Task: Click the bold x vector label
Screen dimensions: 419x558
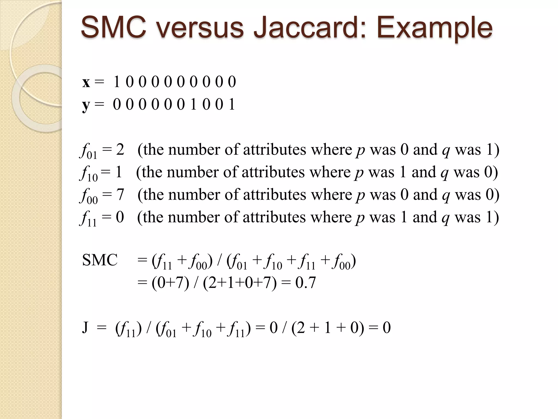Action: click(86, 82)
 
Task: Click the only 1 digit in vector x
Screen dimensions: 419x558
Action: click(117, 82)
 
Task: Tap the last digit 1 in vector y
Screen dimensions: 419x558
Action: click(232, 104)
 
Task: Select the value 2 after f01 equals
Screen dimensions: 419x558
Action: click(120, 149)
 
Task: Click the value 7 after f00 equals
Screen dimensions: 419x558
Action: click(120, 194)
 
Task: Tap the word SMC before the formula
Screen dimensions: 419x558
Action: click(100, 260)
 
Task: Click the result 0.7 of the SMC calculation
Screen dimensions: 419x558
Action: click(305, 283)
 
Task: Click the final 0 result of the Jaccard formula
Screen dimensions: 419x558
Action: click(387, 328)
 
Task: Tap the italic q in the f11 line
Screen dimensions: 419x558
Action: click(445, 218)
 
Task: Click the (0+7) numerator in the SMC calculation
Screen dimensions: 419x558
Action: click(170, 283)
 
